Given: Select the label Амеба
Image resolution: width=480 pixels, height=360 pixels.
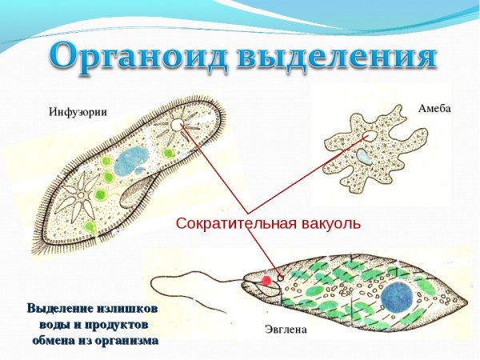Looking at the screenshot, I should [434, 107].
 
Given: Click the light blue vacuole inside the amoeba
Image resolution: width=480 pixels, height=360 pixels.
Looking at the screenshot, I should [365, 159].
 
